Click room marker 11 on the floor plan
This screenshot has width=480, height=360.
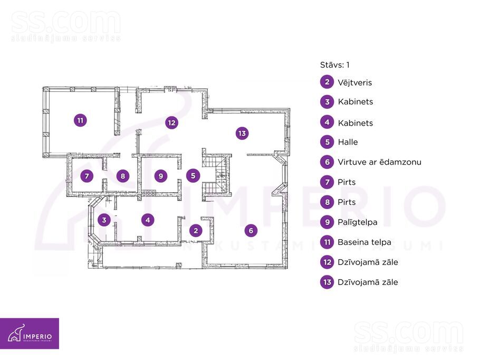(x=80, y=120)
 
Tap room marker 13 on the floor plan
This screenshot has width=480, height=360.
(x=242, y=133)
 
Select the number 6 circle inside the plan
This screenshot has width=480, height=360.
(x=251, y=230)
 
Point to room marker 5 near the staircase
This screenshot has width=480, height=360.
(x=193, y=176)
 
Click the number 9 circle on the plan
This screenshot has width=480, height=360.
(x=160, y=176)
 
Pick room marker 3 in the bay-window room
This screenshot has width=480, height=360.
(x=104, y=220)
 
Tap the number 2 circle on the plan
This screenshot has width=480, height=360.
(x=196, y=230)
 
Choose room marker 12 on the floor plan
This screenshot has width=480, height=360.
(x=171, y=122)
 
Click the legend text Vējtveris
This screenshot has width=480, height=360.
(x=355, y=82)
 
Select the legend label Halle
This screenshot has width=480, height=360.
(x=348, y=142)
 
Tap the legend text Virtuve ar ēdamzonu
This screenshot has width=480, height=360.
(x=379, y=162)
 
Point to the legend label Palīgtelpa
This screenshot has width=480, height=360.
(x=357, y=222)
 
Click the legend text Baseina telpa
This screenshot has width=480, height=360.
(x=364, y=242)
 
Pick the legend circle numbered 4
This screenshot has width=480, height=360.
(x=327, y=122)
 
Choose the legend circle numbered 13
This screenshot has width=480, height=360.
(x=327, y=282)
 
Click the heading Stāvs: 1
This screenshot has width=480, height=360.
(x=334, y=65)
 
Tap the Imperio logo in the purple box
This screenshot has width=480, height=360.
(x=30, y=334)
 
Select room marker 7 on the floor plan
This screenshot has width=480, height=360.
(x=87, y=176)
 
